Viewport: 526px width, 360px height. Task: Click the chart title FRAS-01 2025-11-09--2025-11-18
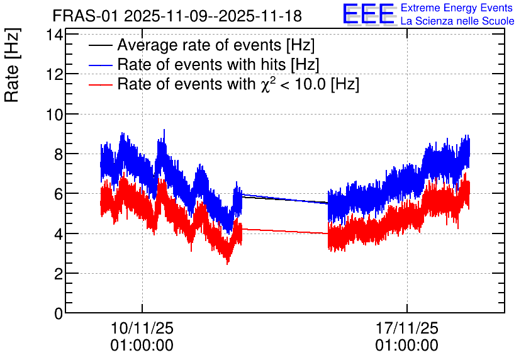177,16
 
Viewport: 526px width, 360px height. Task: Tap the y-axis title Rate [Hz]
12,65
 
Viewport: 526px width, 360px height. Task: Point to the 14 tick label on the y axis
54,35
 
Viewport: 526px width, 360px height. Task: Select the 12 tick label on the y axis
54,74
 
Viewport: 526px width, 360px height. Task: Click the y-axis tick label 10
54,115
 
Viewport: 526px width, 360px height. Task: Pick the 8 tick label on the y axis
59,154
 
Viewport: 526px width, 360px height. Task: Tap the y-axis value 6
59,194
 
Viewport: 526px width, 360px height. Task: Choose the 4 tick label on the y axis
59,234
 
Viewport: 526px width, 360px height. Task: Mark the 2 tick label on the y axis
59,274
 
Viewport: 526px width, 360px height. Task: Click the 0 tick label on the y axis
59,313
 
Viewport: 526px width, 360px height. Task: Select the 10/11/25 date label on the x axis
142,328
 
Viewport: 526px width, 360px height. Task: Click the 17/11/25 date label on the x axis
406,328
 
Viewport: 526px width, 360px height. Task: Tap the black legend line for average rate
100,45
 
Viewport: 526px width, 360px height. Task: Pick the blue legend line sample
100,65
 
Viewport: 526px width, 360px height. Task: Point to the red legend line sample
100,84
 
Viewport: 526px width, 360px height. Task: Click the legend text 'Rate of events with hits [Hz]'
218,64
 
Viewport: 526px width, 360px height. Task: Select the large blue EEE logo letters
368,14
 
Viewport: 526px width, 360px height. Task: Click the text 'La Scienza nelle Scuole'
457,21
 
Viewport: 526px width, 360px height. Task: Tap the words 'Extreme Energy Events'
457,8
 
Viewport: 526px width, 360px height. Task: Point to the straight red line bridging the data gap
285,231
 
